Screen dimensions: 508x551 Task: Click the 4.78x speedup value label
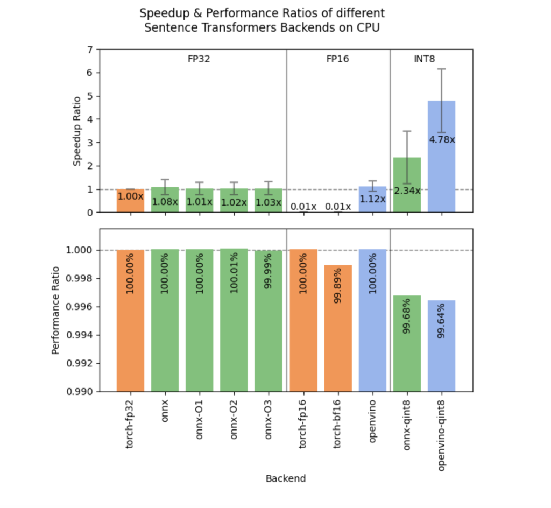coord(442,140)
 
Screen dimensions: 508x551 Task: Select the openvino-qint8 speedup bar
coord(442,172)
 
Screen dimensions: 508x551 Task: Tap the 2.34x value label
coord(407,190)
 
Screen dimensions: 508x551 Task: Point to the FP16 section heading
coord(337,59)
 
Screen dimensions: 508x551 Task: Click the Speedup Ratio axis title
coord(77,131)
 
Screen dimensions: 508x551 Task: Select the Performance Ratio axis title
coord(56,310)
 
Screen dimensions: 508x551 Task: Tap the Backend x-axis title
coord(285,478)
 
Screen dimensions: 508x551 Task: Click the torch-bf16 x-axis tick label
coord(338,422)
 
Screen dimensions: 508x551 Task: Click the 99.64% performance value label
coord(442,322)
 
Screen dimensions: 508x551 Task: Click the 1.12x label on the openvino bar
coord(372,199)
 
